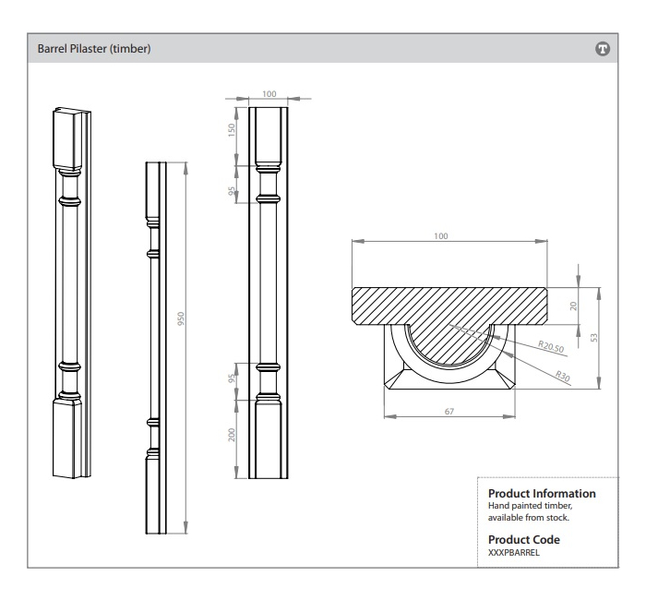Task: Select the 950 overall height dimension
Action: (182, 318)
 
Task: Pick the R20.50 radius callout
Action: (551, 346)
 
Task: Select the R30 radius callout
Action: (563, 375)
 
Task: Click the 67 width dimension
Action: (449, 411)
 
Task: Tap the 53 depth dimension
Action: (595, 338)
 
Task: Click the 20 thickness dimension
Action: (573, 306)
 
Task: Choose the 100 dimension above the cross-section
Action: (441, 237)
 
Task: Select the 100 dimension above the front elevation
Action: (269, 94)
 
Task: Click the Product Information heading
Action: (541, 494)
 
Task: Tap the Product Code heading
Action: (523, 539)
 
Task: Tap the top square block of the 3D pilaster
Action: (70, 138)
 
